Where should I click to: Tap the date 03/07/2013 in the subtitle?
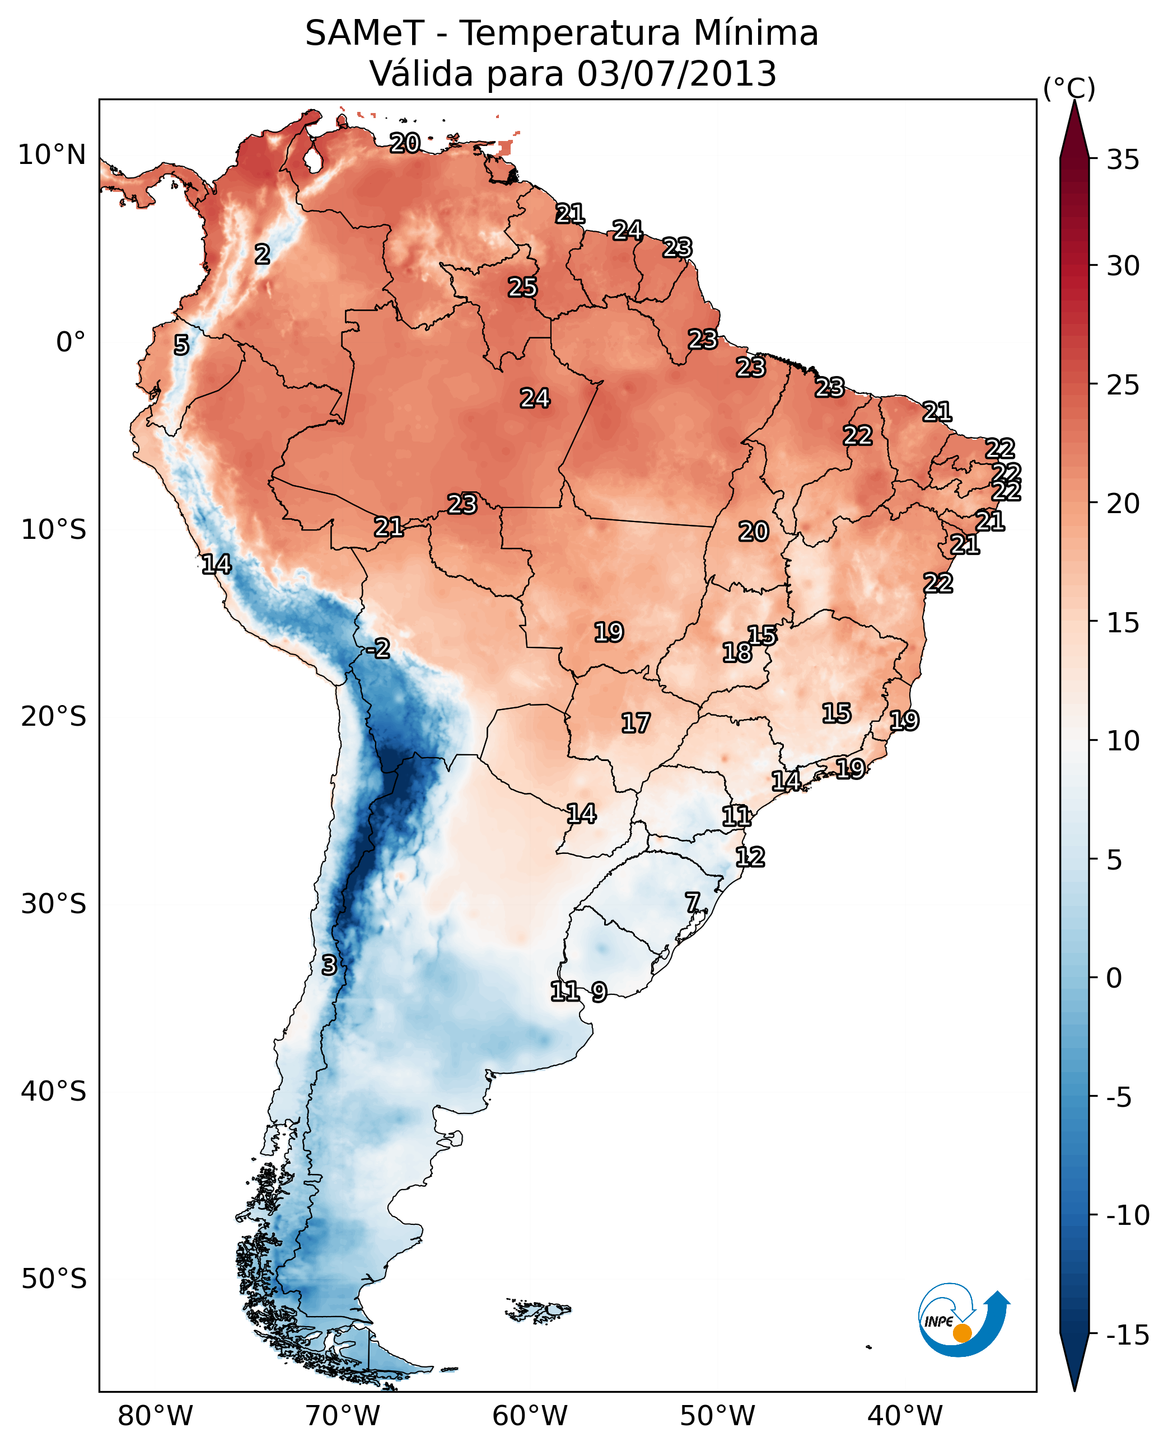[676, 74]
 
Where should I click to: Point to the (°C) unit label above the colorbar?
[1069, 88]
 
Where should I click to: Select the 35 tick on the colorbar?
[1123, 160]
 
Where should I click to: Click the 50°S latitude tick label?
[54, 1278]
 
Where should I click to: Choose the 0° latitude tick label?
[71, 342]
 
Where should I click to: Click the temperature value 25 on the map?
[522, 288]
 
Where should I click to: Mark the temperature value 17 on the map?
[635, 723]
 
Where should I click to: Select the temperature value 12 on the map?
[750, 857]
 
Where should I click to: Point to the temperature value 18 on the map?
[737, 652]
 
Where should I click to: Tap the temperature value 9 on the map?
[599, 992]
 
